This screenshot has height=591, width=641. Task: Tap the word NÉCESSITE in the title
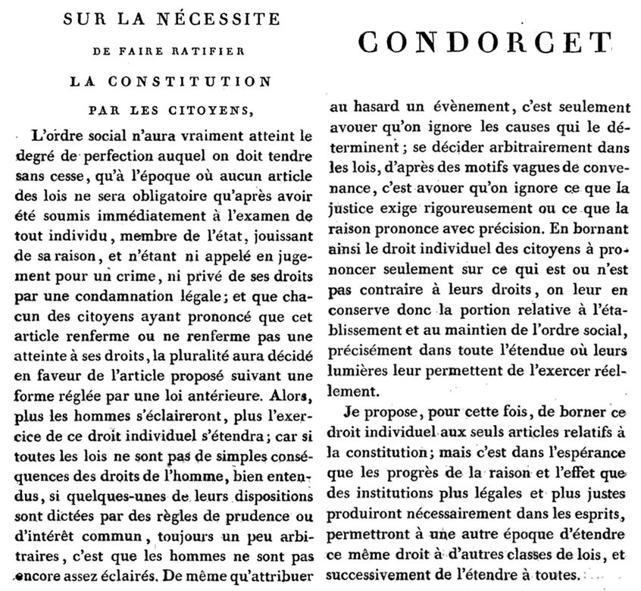click(x=217, y=18)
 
